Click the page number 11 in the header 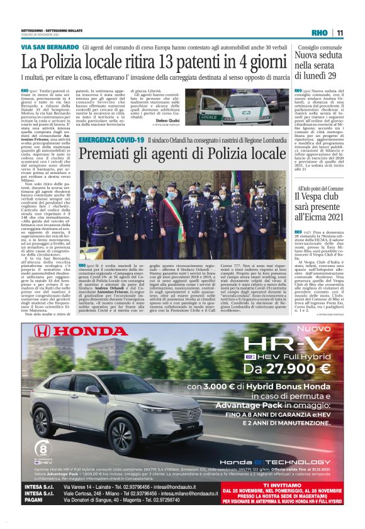(x=339, y=33)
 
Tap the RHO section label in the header (x=319, y=33)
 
